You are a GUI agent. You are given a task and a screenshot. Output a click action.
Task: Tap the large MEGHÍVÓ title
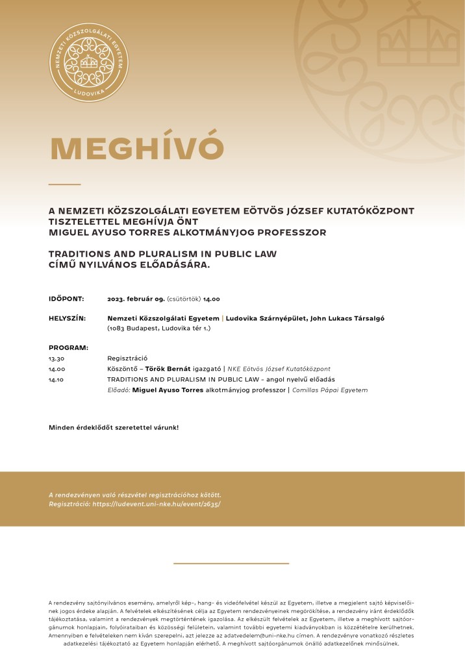[x=137, y=149]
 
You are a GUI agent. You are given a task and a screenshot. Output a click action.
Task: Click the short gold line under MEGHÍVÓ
[x=64, y=184]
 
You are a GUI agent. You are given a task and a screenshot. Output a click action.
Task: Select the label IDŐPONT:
[x=66, y=299]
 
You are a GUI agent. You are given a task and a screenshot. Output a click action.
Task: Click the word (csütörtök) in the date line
[x=184, y=299]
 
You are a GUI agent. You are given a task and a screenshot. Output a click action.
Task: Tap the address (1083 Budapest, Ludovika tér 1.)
[x=158, y=329]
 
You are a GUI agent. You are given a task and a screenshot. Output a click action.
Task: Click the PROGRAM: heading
[x=68, y=348]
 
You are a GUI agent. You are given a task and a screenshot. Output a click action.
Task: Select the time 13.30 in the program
[x=57, y=358]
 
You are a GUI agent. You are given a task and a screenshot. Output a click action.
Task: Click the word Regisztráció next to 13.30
[x=127, y=358]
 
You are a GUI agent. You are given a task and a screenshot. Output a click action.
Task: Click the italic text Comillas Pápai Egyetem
[x=330, y=390]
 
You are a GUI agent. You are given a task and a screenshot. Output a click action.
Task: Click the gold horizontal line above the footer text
[x=231, y=563]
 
